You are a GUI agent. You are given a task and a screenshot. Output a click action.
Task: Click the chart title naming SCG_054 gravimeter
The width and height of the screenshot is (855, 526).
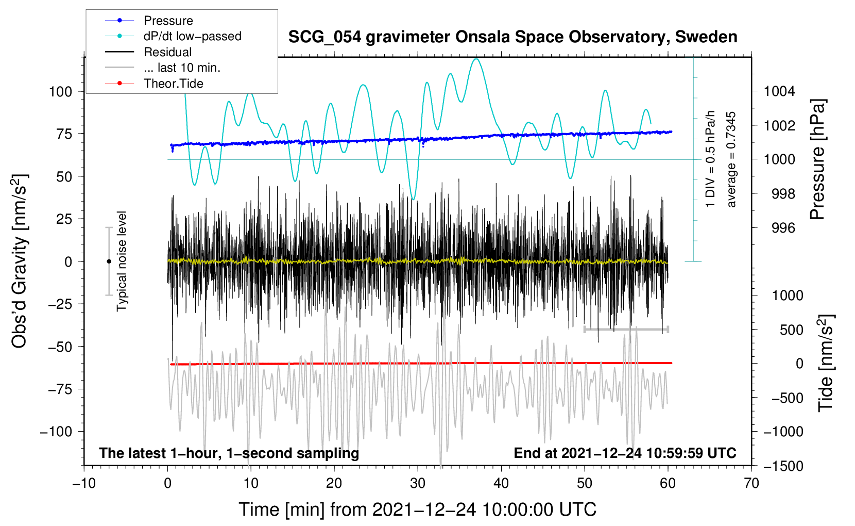click(512, 37)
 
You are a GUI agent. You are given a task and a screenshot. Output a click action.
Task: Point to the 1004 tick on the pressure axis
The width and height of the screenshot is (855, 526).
click(779, 91)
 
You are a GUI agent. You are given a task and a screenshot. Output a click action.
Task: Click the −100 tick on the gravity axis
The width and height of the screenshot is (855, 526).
click(56, 432)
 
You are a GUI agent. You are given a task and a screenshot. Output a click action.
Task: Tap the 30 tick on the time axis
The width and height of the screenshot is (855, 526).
click(418, 483)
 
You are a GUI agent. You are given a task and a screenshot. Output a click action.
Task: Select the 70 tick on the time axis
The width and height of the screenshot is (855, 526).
click(751, 483)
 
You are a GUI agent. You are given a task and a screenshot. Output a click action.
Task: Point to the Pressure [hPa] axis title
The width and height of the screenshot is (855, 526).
click(817, 159)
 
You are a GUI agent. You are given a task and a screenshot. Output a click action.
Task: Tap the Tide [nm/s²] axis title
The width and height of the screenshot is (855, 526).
click(826, 363)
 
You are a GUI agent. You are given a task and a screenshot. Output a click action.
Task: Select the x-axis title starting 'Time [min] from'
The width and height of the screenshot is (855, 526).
click(418, 509)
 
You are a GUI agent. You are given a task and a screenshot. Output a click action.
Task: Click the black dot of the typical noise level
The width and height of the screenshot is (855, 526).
click(109, 261)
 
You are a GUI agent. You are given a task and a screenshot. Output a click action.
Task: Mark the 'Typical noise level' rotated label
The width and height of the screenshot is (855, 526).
click(122, 261)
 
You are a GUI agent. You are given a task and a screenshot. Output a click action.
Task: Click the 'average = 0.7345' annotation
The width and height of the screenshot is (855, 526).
click(730, 159)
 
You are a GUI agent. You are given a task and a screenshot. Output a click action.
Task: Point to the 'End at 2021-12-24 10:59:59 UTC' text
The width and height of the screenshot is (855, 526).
click(625, 453)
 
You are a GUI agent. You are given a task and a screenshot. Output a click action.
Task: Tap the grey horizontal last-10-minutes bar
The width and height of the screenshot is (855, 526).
click(626, 329)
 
